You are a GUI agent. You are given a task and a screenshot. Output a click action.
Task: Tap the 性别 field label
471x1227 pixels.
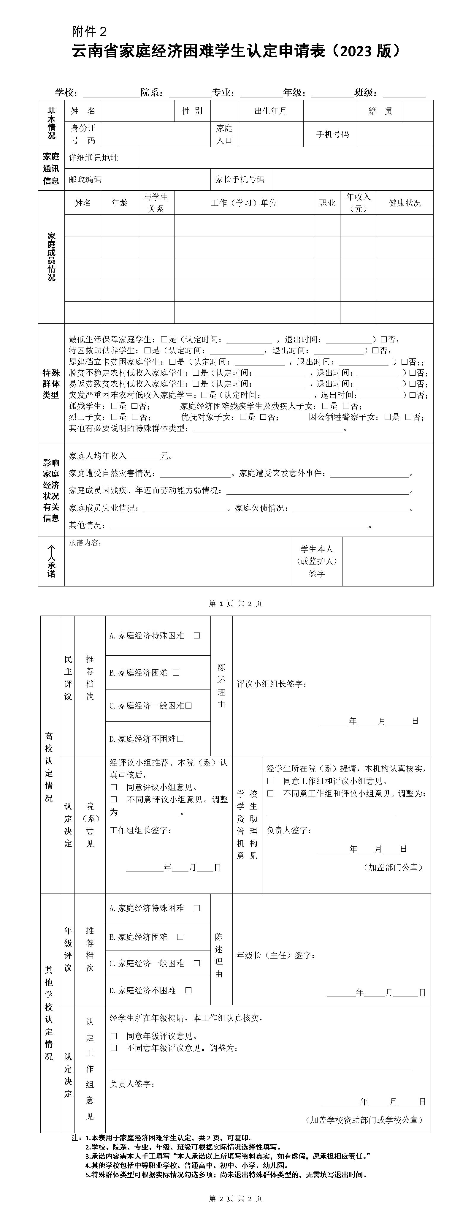(192, 111)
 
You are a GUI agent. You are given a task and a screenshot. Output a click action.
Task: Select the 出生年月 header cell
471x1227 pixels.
(270, 111)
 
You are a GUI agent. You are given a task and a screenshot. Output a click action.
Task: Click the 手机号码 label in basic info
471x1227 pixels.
(332, 134)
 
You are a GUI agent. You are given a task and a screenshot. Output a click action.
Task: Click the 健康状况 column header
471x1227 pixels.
(405, 203)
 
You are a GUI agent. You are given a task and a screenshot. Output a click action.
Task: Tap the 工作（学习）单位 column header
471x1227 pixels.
(244, 203)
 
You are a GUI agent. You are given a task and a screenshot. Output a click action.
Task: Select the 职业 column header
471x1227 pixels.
(327, 203)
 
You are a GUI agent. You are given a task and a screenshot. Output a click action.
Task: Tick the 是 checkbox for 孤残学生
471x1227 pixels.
(114, 406)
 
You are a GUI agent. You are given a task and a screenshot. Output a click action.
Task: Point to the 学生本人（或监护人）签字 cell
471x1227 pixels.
(317, 561)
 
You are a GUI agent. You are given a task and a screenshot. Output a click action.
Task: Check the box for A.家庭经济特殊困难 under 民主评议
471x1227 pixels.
(197, 635)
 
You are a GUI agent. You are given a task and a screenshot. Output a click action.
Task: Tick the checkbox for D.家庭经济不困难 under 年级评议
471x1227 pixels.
(188, 990)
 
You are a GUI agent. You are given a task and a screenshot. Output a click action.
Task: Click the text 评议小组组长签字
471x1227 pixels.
(272, 684)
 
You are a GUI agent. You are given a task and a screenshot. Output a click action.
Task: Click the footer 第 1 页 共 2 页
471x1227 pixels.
(235, 603)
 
